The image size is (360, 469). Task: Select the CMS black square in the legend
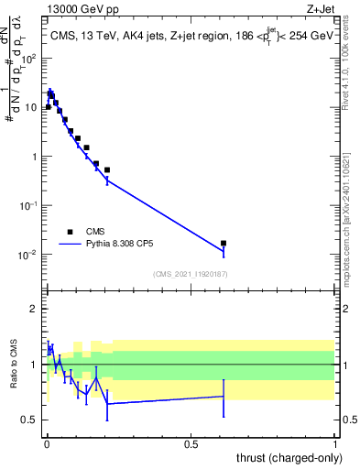70,232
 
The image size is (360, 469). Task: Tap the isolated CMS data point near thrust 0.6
224,244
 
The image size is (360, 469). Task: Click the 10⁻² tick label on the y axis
31,254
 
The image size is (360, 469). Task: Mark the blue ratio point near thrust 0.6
224,397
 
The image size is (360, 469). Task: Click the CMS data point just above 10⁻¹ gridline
107,169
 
